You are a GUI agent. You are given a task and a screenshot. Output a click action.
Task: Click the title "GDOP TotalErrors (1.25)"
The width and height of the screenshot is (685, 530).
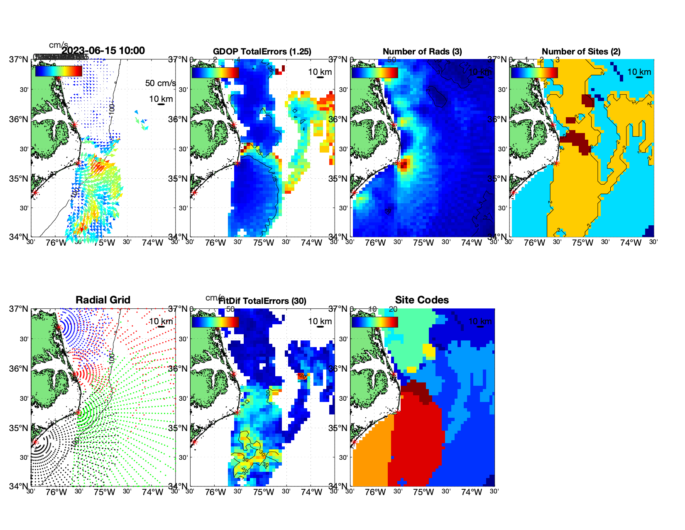coord(262,52)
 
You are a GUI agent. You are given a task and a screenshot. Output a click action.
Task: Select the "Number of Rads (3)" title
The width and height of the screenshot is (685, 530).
coord(422,52)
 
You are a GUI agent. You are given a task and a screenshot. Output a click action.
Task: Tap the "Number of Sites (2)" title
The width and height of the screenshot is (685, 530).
coord(581,52)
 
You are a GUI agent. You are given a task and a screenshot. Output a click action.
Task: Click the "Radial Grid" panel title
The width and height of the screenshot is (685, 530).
coord(103,300)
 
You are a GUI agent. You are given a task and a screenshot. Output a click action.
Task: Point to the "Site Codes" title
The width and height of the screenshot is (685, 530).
coord(422,300)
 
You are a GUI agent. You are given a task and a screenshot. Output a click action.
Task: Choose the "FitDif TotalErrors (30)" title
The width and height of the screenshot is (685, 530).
coord(262,301)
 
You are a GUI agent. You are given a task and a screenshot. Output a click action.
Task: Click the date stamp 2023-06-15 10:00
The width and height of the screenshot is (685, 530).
coord(103,51)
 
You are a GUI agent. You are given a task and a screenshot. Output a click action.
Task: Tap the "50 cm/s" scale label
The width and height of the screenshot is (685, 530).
coord(160,83)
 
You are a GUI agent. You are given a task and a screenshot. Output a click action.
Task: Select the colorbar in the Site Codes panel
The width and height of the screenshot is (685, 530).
coord(374,322)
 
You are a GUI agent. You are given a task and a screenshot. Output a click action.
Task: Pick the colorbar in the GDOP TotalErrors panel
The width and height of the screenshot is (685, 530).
coord(215,72)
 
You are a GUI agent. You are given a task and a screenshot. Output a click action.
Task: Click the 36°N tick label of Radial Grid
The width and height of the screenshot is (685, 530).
coord(19,369)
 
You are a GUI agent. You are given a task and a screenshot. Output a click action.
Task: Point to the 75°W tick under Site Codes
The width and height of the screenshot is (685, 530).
coord(423,493)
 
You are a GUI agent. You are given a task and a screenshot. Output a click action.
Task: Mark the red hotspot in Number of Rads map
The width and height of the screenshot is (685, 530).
coord(404,164)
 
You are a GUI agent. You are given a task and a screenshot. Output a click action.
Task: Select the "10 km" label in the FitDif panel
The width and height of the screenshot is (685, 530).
coord(320,321)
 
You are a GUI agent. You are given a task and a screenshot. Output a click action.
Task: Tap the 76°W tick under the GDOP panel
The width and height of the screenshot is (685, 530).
coord(215,243)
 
